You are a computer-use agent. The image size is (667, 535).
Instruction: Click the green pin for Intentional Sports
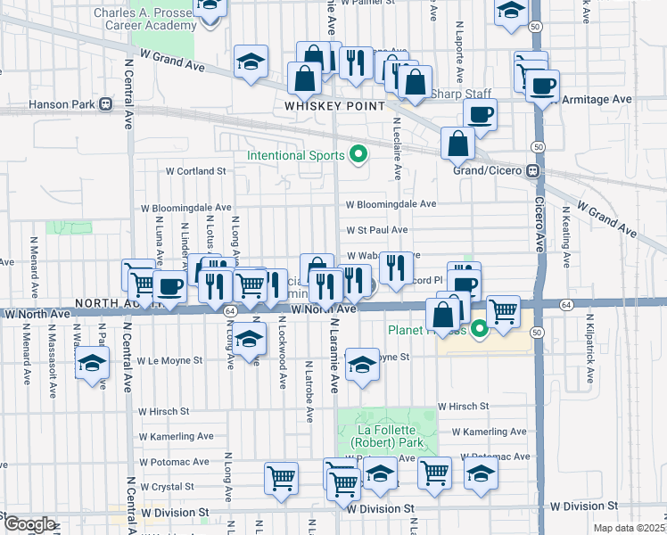(358, 155)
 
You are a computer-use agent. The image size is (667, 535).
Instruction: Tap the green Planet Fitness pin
(480, 331)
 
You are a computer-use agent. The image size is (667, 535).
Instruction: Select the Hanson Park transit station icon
(106, 104)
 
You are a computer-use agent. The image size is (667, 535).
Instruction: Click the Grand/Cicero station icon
(532, 170)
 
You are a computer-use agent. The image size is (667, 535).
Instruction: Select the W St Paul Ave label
(377, 229)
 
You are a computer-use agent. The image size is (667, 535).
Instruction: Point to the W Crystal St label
(165, 486)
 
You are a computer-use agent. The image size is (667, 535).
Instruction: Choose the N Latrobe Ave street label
(308, 387)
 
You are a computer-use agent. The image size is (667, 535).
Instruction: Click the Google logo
(29, 524)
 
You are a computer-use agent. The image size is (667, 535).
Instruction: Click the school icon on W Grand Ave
(251, 62)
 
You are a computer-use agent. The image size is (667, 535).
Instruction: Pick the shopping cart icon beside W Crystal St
(282, 477)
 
